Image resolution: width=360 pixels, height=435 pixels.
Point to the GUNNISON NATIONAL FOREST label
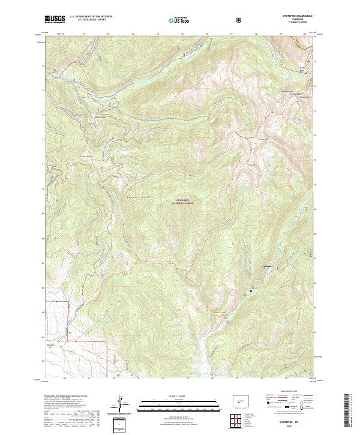(x=185, y=202)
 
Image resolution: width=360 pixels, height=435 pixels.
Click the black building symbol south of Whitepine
(x=246, y=291)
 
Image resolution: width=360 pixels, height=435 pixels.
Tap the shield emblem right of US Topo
(x=240, y=20)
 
